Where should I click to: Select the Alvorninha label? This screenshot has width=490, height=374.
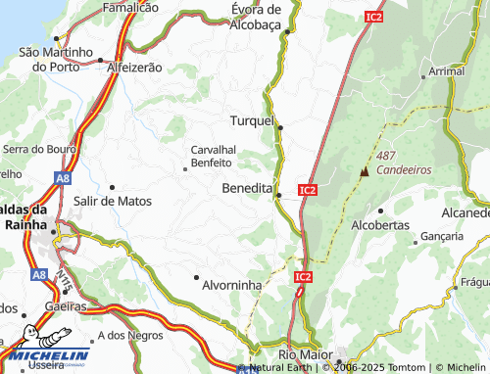tap(231, 285)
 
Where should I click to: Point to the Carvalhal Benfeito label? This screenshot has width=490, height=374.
tap(212, 156)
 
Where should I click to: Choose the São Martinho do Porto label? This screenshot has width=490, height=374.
tap(55, 59)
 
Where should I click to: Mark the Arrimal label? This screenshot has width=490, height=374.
tap(447, 71)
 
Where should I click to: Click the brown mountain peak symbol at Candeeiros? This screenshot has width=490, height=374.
tap(366, 171)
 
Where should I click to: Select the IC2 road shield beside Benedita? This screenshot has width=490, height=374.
tap(308, 189)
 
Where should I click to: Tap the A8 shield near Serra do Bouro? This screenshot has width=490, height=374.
tap(63, 179)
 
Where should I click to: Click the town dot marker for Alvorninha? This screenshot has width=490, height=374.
tap(196, 278)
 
